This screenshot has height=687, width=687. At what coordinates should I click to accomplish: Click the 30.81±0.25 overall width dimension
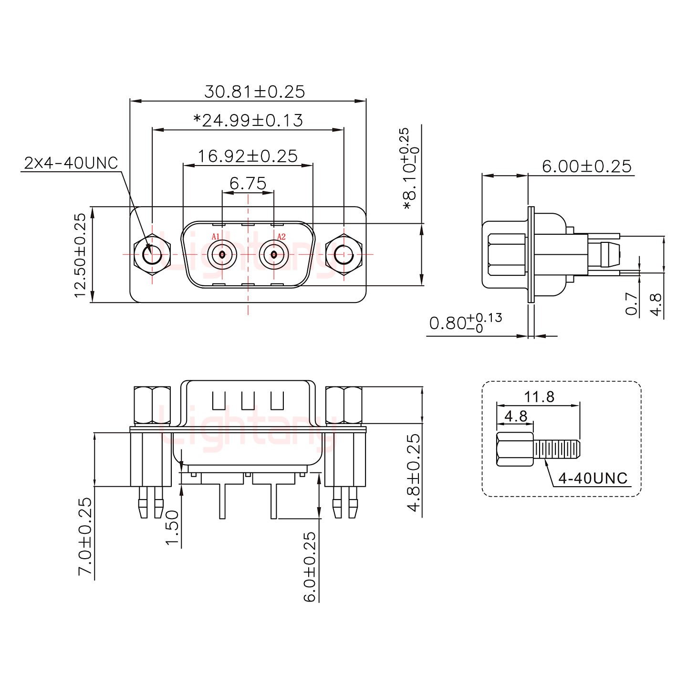[254, 91]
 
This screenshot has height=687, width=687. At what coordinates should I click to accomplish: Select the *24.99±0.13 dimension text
[248, 120]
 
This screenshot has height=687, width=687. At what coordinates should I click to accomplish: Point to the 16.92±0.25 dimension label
[248, 156]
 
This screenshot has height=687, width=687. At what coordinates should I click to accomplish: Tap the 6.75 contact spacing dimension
[248, 183]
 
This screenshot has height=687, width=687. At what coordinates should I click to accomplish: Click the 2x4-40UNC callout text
[71, 163]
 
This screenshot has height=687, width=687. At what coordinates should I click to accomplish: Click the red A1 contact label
[215, 237]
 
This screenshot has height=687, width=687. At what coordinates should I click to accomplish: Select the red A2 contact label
[281, 237]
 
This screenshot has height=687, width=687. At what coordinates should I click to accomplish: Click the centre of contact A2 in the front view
[274, 255]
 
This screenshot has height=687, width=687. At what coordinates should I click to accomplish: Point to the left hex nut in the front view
[152, 255]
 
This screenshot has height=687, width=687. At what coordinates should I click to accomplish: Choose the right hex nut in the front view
[343, 255]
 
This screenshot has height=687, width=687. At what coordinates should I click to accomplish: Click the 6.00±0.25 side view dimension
[586, 166]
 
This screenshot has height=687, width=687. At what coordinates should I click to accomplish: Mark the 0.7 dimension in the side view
[632, 303]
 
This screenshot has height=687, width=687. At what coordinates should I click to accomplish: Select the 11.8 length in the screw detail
[539, 396]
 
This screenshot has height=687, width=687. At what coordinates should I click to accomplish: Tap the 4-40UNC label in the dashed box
[593, 478]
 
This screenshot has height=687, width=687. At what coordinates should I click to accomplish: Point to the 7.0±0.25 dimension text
[84, 537]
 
